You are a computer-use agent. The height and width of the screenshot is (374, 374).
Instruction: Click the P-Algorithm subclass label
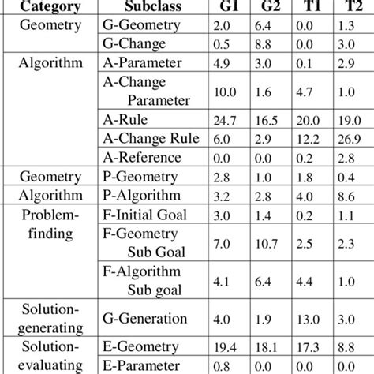click(143, 195)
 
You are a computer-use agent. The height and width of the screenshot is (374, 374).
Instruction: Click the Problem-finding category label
click(50, 224)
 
